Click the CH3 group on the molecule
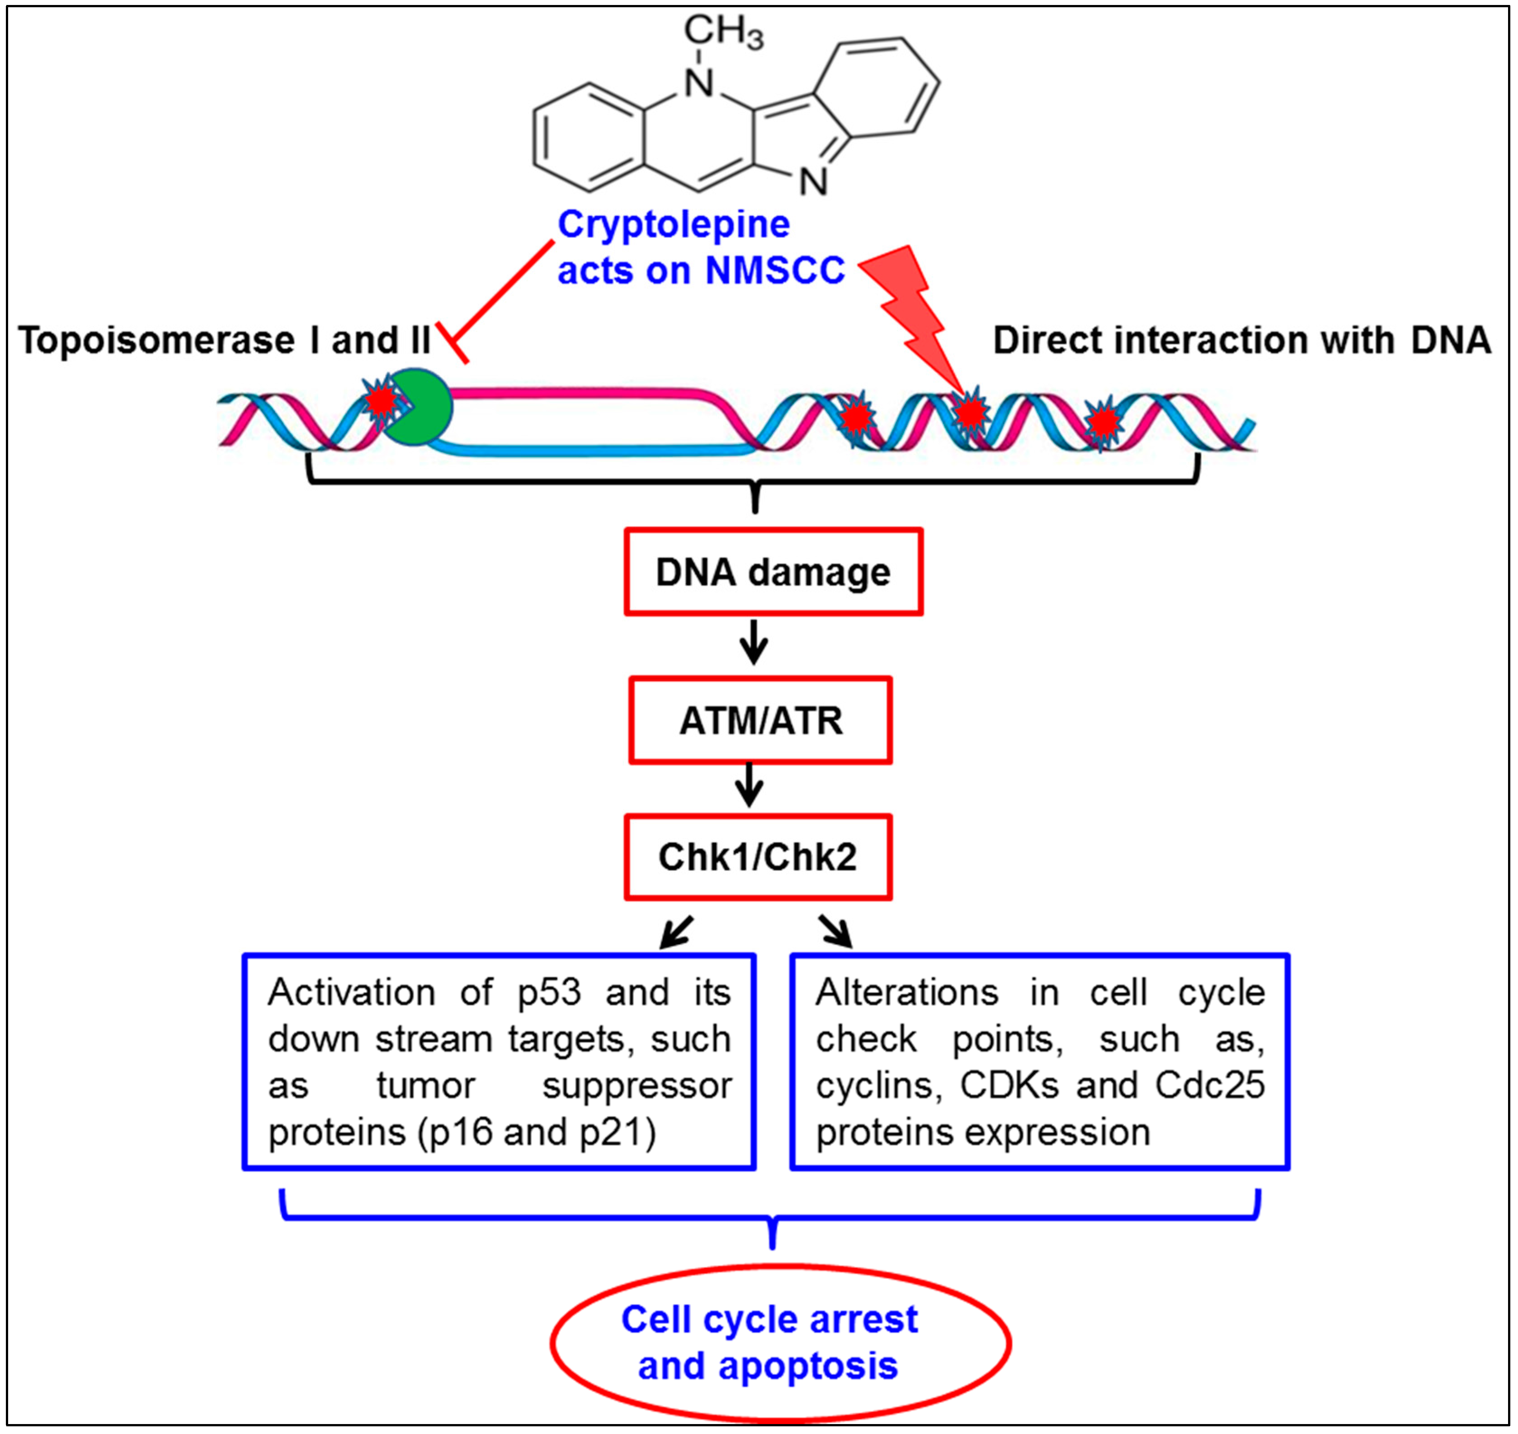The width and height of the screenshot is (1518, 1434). point(722,32)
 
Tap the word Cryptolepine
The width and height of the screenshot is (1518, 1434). point(673,225)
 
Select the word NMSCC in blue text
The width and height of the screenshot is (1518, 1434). point(775,271)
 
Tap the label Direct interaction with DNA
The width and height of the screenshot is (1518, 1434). point(1241,340)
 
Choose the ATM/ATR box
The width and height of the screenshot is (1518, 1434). point(760,720)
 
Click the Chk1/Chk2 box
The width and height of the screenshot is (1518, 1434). point(758,857)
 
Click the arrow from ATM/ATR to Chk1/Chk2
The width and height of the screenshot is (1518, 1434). point(750,785)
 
